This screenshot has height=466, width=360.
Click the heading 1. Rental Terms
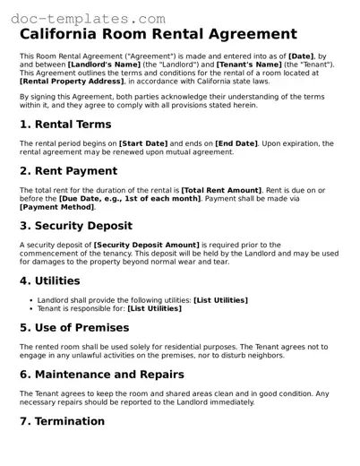[65, 125]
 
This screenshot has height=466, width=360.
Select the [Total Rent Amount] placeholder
[222, 190]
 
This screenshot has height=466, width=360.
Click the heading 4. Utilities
[50, 280]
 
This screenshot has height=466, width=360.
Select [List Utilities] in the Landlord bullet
[220, 299]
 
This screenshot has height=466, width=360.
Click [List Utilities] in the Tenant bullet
[155, 307]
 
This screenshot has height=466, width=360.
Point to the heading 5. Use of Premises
[81, 327]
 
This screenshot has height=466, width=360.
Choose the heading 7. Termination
[63, 420]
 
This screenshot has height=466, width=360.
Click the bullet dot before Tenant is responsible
[31, 307]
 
